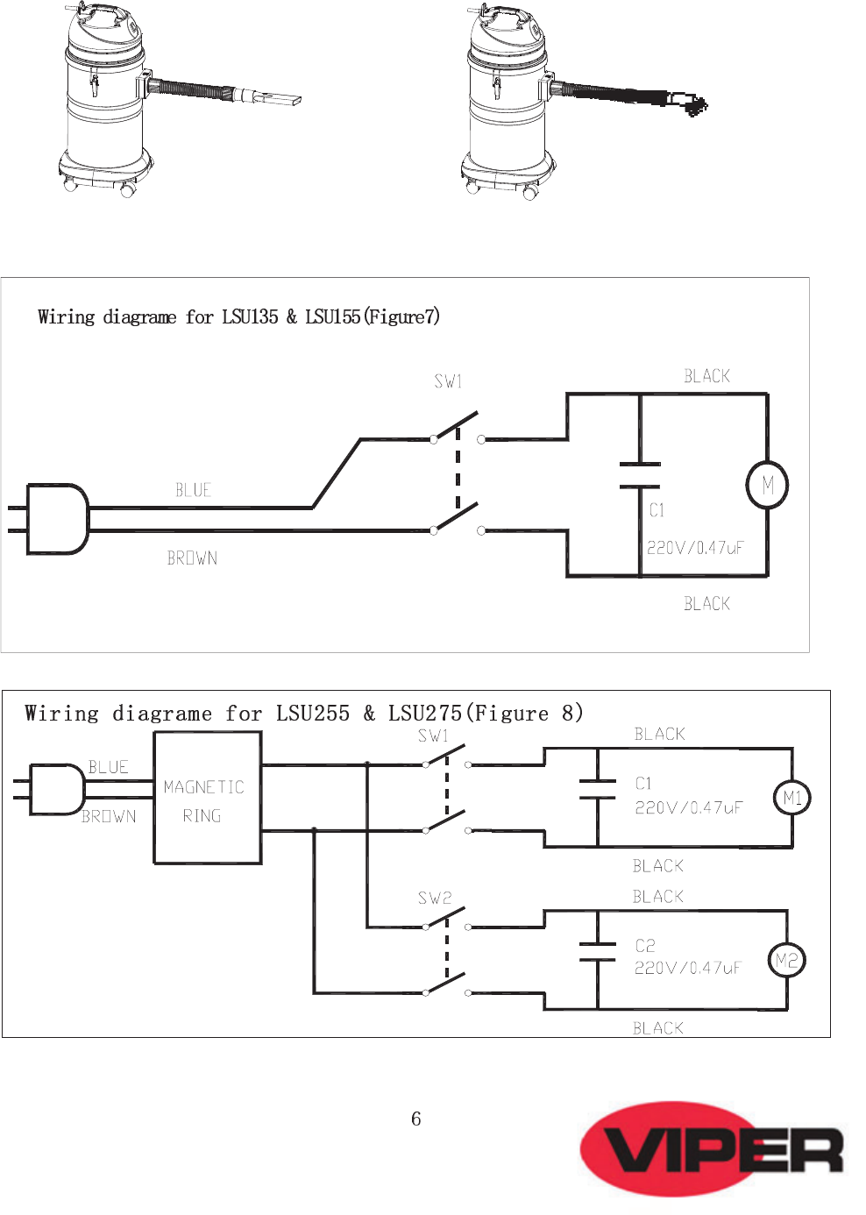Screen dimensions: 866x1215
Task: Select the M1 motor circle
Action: pyautogui.click(x=791, y=798)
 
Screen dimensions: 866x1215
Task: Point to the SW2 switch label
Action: pyautogui.click(x=435, y=899)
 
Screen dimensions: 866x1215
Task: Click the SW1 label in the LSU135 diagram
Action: pyautogui.click(x=448, y=382)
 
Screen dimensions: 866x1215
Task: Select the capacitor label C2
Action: pyautogui.click(x=645, y=945)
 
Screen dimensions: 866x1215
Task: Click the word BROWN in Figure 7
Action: pyautogui.click(x=192, y=558)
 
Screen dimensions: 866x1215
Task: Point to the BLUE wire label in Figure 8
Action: pyautogui.click(x=109, y=767)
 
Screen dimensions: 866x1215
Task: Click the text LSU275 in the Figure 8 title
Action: pyautogui.click(x=424, y=713)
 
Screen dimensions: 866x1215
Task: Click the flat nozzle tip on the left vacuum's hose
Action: pyautogui.click(x=280, y=100)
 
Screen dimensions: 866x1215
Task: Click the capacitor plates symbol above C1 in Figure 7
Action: pyautogui.click(x=640, y=476)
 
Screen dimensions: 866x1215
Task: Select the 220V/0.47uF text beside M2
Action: pyautogui.click(x=687, y=968)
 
